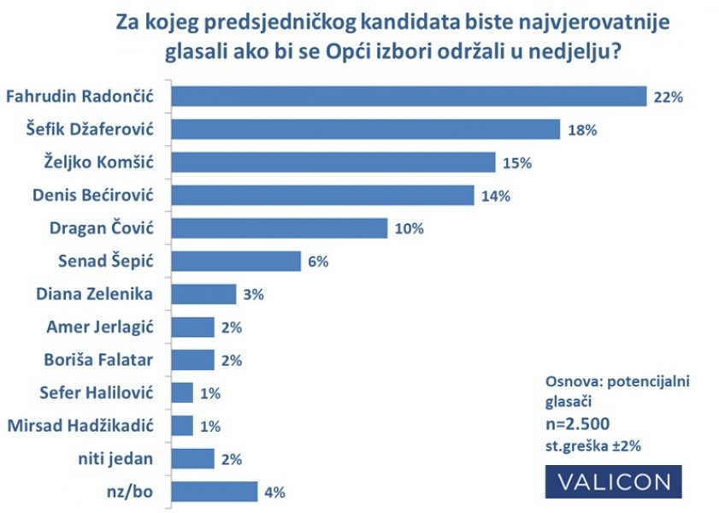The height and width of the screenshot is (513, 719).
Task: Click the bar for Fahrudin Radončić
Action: tap(409, 97)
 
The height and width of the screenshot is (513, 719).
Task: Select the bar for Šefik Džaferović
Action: tap(366, 130)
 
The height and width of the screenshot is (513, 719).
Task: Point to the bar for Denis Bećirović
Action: tap(322, 196)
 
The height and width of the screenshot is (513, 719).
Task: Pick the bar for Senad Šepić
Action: tap(236, 262)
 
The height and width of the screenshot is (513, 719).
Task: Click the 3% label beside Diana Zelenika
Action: tap(253, 294)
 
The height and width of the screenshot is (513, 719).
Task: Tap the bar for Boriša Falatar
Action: tap(192, 360)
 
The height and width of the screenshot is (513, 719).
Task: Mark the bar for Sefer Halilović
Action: tap(182, 392)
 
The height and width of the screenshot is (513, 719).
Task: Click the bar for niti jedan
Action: tap(192, 458)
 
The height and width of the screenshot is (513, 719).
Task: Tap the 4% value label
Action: tap(274, 492)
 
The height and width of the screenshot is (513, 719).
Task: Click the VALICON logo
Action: tap(613, 481)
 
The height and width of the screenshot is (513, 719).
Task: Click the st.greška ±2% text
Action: tap(592, 445)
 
